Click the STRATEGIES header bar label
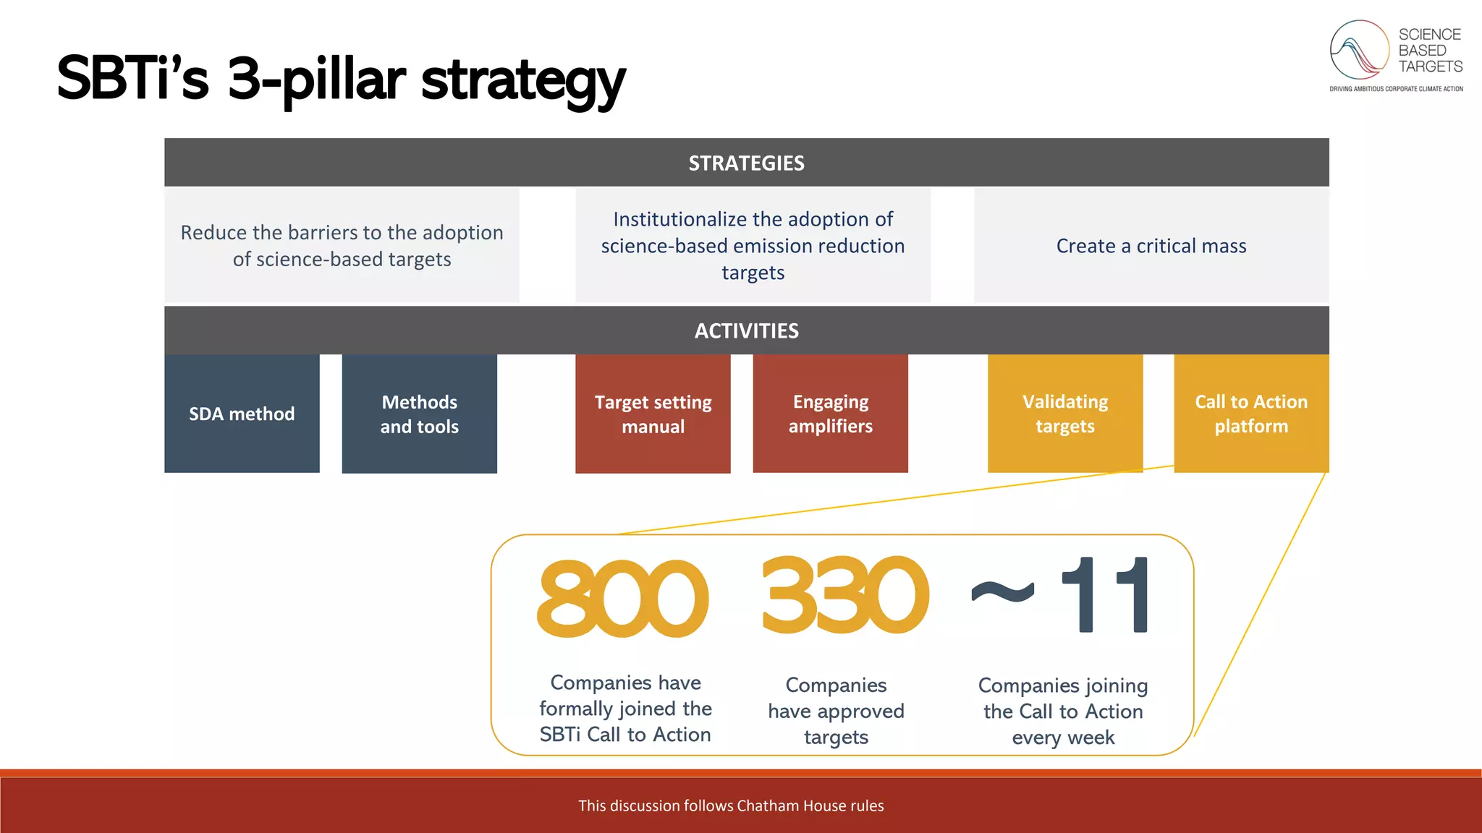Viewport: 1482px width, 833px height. [746, 163]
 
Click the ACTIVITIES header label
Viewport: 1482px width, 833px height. [746, 331]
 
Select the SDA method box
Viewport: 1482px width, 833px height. [242, 414]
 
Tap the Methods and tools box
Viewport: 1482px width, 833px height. [419, 414]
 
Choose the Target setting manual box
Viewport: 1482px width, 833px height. [653, 414]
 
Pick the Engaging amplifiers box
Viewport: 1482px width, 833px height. [830, 414]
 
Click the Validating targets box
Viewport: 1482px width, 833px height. [1064, 414]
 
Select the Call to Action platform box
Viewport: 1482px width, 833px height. [1251, 414]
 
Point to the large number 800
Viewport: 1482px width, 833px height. [622, 599]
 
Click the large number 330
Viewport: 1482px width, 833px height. [844, 596]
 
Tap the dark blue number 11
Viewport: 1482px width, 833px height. [1106, 596]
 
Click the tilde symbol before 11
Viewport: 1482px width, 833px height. [1003, 593]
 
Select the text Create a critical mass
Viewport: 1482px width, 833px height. [1151, 246]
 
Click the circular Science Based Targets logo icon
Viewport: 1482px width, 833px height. [1359, 50]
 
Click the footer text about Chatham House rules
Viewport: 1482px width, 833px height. [731, 806]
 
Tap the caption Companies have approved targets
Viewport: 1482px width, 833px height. [836, 711]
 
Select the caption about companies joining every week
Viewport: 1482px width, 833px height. [1063, 711]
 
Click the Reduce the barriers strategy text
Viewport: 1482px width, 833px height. [342, 246]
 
